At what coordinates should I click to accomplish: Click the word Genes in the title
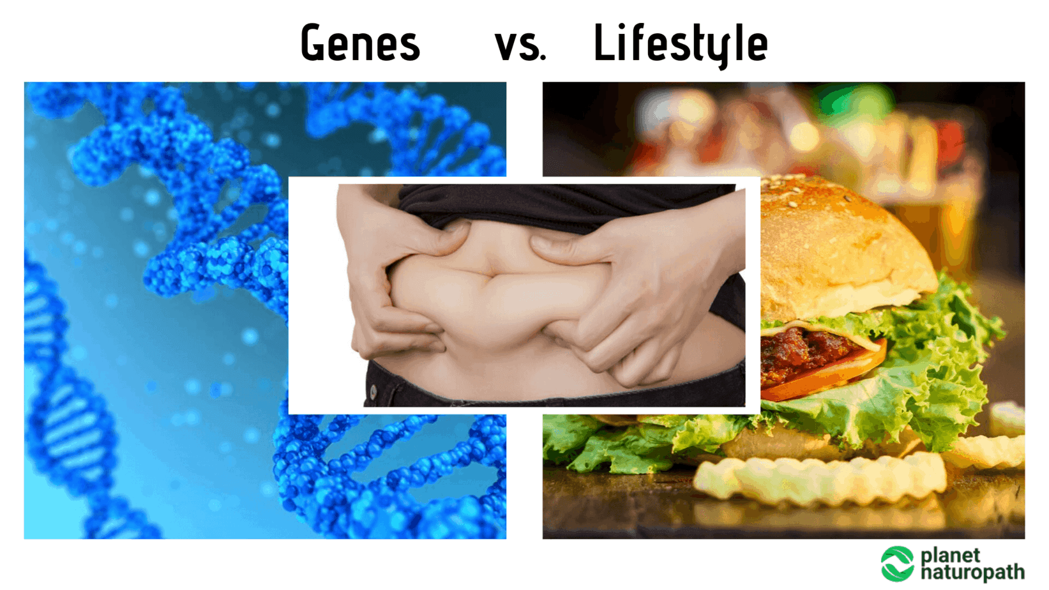click(x=359, y=43)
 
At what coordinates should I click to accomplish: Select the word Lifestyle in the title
click(x=681, y=44)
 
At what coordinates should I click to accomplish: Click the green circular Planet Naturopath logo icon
click(x=897, y=564)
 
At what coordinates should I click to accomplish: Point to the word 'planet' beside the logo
click(x=950, y=556)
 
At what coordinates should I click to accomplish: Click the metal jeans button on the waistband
click(x=374, y=391)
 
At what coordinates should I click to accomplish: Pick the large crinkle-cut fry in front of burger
click(x=820, y=477)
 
